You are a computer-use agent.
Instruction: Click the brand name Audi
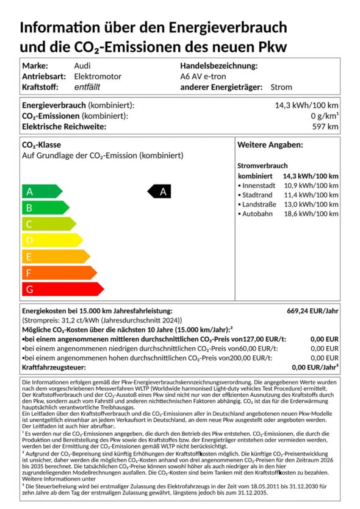(83, 66)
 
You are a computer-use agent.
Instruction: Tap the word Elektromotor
(98, 76)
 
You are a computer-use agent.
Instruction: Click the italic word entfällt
(87, 87)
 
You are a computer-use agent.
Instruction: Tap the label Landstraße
(259, 204)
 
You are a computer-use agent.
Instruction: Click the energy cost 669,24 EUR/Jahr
(312, 311)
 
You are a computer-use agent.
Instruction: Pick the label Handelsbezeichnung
(219, 66)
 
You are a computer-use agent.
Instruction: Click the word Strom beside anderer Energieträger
(280, 87)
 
